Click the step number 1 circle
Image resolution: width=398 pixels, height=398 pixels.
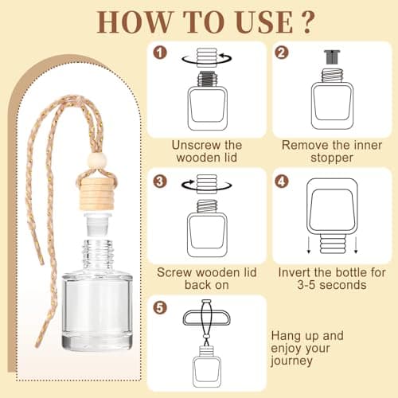[160, 53]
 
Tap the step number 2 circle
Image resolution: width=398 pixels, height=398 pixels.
[281, 53]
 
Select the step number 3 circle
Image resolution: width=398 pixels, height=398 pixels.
[160, 181]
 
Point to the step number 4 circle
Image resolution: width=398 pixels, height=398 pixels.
[281, 181]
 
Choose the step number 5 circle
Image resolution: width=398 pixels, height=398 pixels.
[160, 308]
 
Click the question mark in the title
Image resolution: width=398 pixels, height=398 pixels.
[306, 22]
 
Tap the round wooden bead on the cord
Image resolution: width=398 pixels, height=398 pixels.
[96, 160]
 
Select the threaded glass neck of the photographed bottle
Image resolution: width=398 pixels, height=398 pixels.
[97, 253]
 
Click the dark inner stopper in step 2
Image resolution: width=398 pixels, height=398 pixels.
[332, 57]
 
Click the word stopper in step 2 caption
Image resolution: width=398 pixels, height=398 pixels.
[332, 158]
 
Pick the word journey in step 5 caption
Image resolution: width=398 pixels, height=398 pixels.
[291, 361]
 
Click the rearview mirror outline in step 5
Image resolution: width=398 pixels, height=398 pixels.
[207, 318]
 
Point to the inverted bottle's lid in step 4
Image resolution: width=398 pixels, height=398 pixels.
[333, 243]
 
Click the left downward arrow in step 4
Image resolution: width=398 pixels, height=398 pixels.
[309, 244]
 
